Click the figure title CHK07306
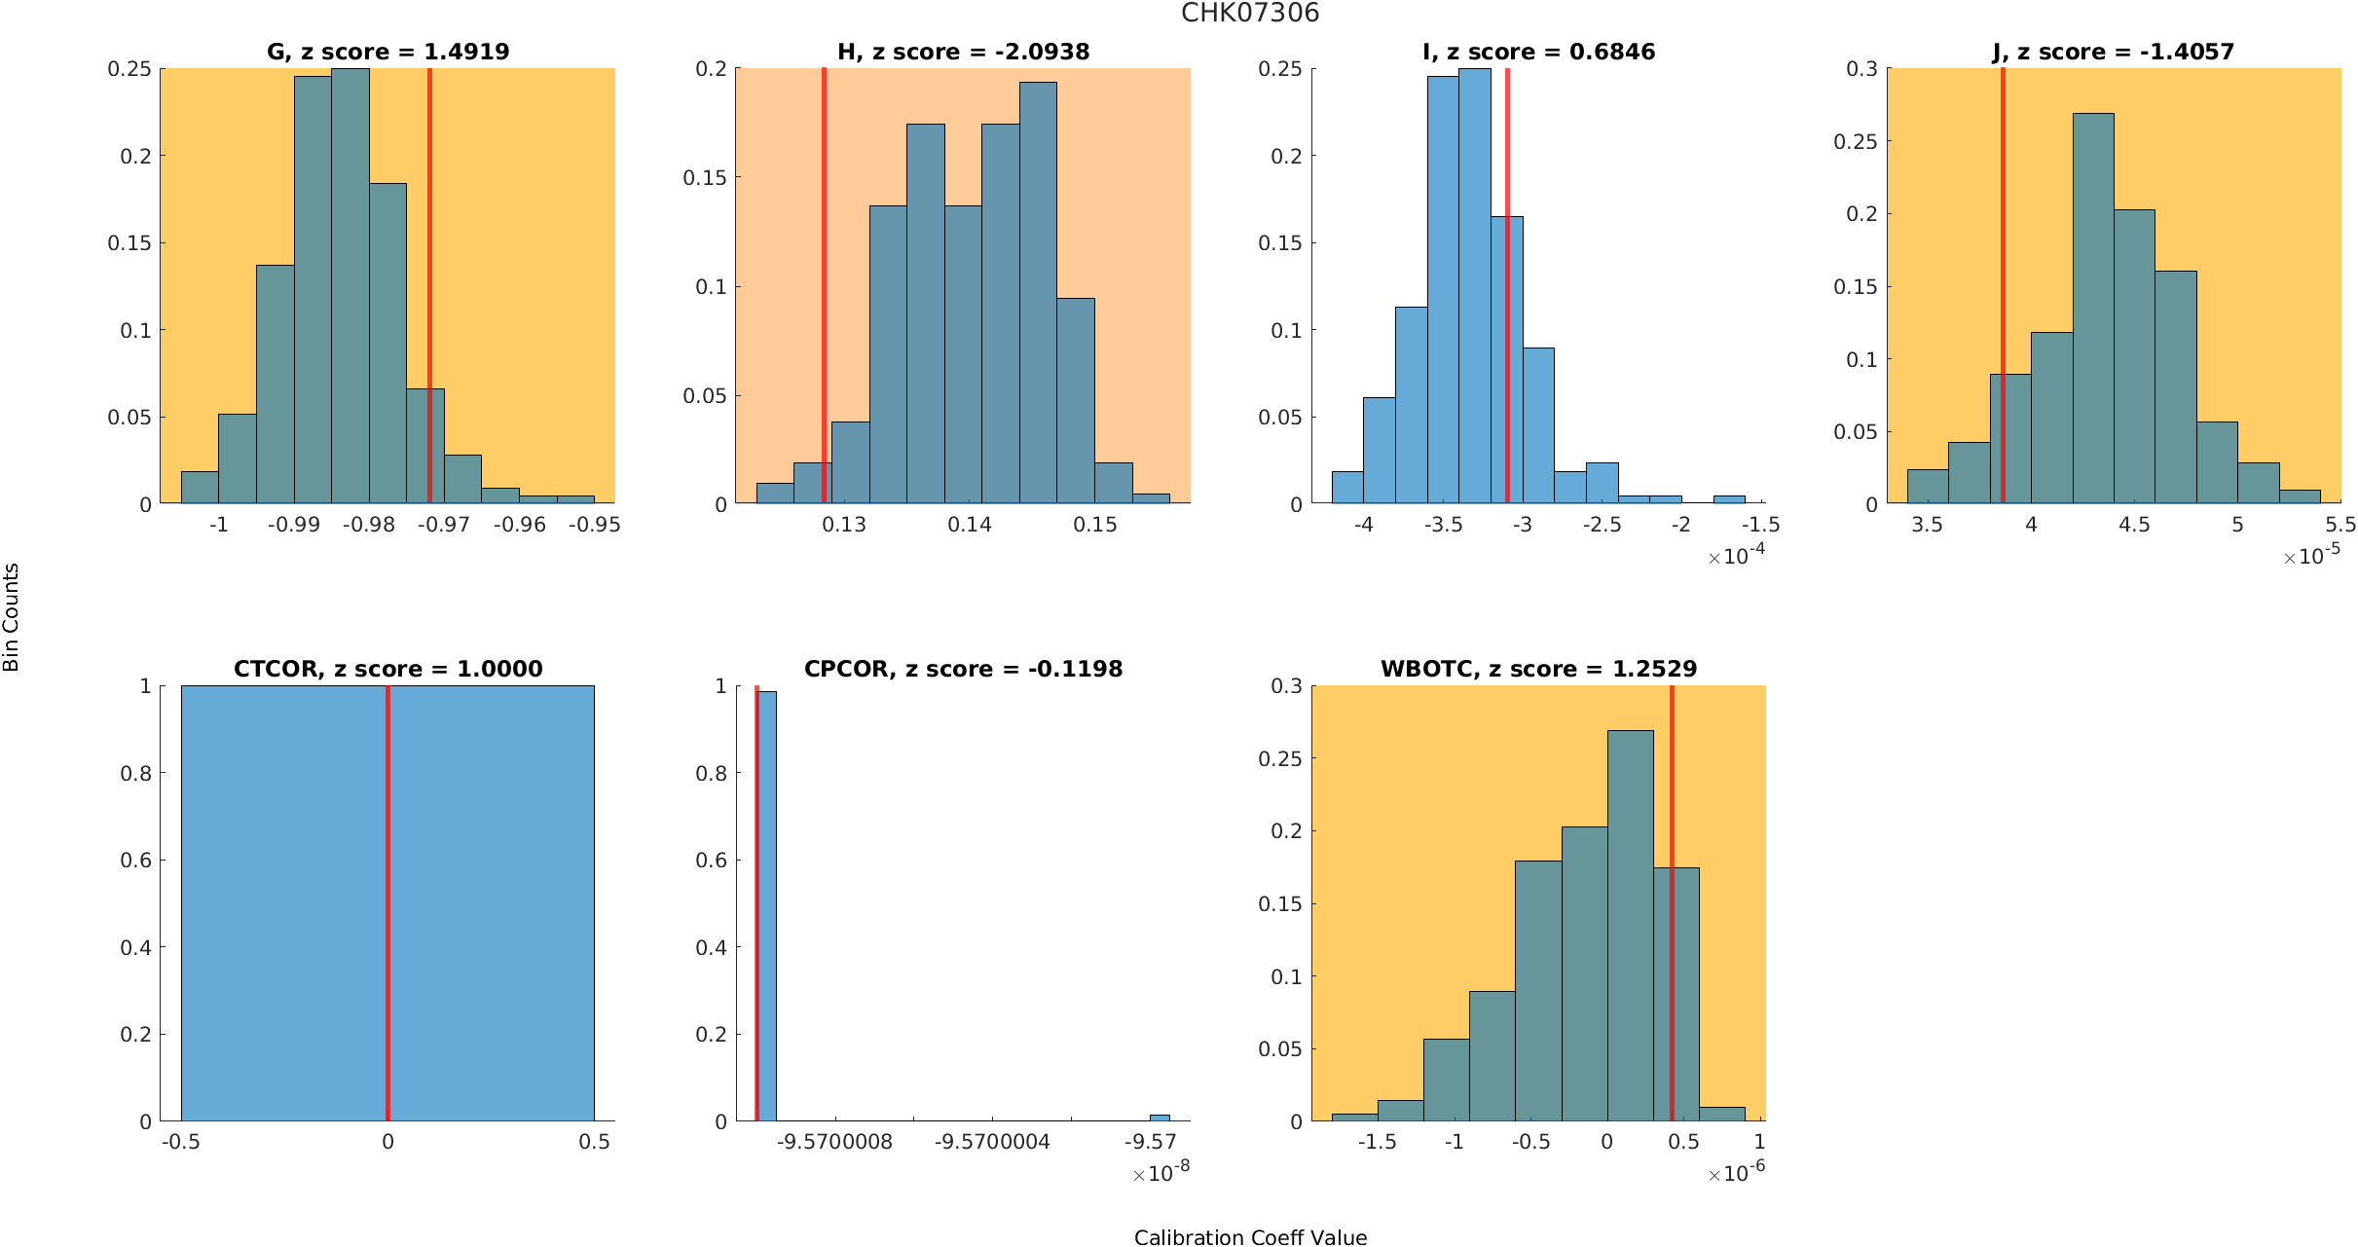[x=1250, y=14]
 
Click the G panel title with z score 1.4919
[x=387, y=52]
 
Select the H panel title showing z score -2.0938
[x=963, y=52]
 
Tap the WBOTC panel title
[x=1538, y=669]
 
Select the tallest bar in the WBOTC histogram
[x=1630, y=925]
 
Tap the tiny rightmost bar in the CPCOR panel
[x=1160, y=1118]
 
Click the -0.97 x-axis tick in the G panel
[x=444, y=525]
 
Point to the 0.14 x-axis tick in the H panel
[x=970, y=525]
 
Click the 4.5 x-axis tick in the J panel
[x=2134, y=525]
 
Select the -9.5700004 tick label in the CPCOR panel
[x=992, y=1142]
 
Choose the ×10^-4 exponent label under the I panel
[x=1736, y=556]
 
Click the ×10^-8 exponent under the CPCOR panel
[x=1161, y=1173]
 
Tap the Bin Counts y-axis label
[x=12, y=617]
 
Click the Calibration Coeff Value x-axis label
[x=1250, y=1237]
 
